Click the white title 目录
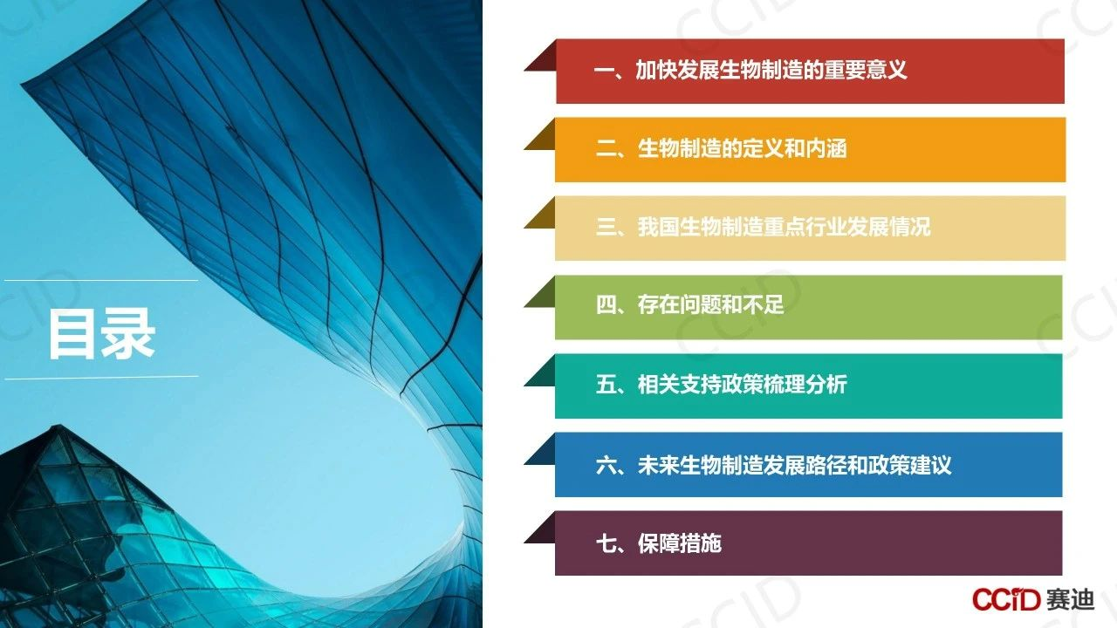pyautogui.click(x=102, y=333)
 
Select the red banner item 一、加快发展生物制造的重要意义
pyautogui.click(x=750, y=70)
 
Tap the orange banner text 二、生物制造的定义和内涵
pyautogui.click(x=721, y=148)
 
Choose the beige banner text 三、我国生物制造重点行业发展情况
pyautogui.click(x=763, y=227)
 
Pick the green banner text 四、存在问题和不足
pyautogui.click(x=689, y=305)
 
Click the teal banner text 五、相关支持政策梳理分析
pyautogui.click(x=721, y=385)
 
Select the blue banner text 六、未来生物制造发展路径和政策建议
pyautogui.click(x=773, y=465)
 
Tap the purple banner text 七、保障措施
pyautogui.click(x=658, y=543)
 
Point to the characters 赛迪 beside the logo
pyautogui.click(x=1070, y=599)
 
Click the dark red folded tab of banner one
pyautogui.click(x=540, y=55)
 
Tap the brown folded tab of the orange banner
pyautogui.click(x=540, y=133)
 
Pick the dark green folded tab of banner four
pyautogui.click(x=540, y=291)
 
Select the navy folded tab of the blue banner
pyautogui.click(x=540, y=448)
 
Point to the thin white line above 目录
pyautogui.click(x=101, y=281)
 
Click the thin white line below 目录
pyautogui.click(x=101, y=378)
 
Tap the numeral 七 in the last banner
pyautogui.click(x=605, y=543)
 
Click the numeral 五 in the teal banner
pyautogui.click(x=605, y=385)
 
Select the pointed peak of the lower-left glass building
pyautogui.click(x=58, y=427)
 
